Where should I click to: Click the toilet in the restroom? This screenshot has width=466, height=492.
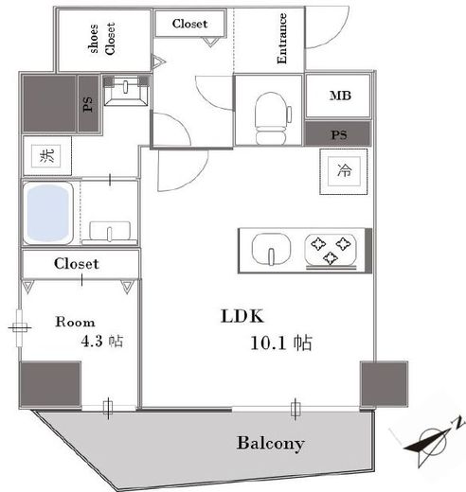click(x=273, y=118)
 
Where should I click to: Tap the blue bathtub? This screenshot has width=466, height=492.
click(x=48, y=214)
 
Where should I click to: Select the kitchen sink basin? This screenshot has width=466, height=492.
click(x=271, y=249)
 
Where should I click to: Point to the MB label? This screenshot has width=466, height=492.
click(x=340, y=96)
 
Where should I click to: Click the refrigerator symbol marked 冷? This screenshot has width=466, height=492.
click(x=344, y=171)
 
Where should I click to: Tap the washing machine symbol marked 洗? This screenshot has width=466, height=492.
click(x=46, y=156)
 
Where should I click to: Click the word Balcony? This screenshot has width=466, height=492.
click(x=271, y=444)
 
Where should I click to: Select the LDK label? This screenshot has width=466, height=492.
click(x=242, y=316)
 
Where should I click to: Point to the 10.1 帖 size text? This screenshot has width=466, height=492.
click(x=281, y=343)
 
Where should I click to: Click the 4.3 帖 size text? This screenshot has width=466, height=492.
click(x=102, y=341)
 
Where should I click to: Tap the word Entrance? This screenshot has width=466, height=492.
click(x=281, y=39)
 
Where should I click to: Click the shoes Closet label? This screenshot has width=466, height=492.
click(x=101, y=39)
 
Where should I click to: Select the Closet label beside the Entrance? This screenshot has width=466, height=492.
click(x=189, y=24)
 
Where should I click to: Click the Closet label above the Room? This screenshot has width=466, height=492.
click(x=76, y=264)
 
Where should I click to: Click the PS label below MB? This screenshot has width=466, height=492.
click(x=339, y=135)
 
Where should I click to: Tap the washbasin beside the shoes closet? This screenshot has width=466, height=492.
click(x=126, y=90)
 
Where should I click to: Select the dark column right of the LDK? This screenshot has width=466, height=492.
click(x=385, y=384)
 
